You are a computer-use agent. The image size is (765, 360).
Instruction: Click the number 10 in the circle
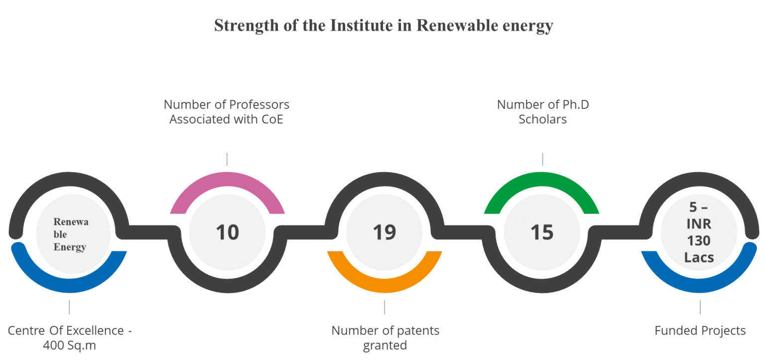tap(228, 232)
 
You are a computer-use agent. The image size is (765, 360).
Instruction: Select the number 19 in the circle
tap(384, 232)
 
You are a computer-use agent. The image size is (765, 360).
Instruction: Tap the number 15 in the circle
tap(542, 232)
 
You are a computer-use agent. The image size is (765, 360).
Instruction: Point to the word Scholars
tap(543, 120)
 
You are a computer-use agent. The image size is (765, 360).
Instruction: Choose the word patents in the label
tap(418, 331)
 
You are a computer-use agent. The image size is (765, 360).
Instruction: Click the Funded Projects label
tap(700, 331)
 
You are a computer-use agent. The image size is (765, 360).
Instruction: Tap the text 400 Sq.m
tap(69, 346)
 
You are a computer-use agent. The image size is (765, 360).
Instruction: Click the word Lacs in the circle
tap(699, 257)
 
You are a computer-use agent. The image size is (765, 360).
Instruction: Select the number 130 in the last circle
tap(699, 241)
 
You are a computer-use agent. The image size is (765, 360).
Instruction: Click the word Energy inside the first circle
tap(70, 247)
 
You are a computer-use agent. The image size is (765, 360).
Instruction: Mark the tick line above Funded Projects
tap(700, 307)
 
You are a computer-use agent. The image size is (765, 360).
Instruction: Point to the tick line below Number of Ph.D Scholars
tap(543, 159)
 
